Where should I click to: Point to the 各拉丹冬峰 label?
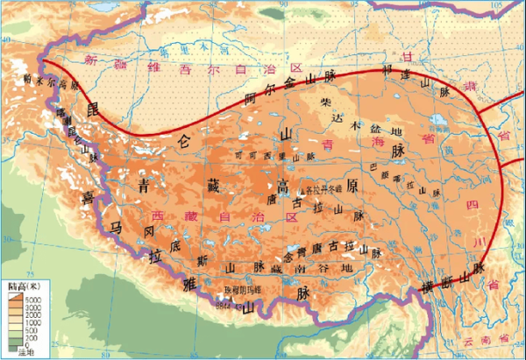[319, 188]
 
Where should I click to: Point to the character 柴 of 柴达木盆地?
[326, 102]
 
